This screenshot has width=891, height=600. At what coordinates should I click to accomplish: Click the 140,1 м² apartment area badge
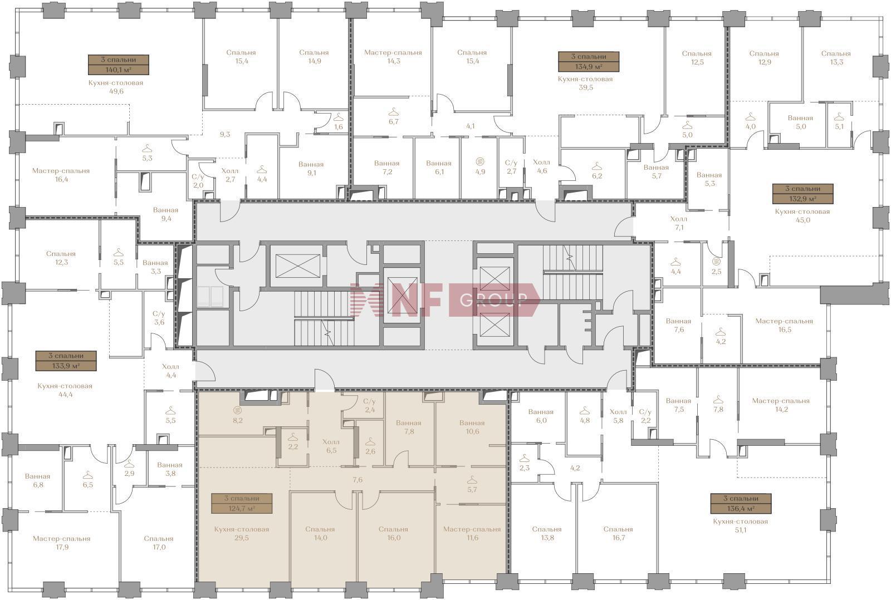click(x=119, y=65)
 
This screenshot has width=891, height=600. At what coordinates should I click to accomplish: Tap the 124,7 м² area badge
click(x=242, y=503)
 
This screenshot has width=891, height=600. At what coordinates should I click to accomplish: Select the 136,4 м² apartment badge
click(x=741, y=503)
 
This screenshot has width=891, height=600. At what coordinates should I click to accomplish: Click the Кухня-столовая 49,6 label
click(x=116, y=87)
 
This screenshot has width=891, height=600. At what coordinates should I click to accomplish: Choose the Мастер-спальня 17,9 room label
click(x=62, y=543)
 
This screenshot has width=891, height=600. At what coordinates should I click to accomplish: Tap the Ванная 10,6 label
click(x=472, y=427)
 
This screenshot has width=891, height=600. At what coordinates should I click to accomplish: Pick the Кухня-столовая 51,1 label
click(x=740, y=525)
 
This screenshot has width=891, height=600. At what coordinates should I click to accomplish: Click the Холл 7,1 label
click(x=679, y=223)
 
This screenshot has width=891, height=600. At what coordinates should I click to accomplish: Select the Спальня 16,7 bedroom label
click(x=618, y=533)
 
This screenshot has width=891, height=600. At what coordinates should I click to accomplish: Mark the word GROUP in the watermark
click(x=493, y=300)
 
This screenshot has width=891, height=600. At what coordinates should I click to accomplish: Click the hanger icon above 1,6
click(x=338, y=117)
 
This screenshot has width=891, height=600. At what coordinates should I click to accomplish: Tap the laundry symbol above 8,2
click(x=237, y=410)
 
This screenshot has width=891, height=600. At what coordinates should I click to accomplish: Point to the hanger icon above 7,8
click(x=718, y=399)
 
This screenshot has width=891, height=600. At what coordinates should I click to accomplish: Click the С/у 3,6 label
click(x=159, y=318)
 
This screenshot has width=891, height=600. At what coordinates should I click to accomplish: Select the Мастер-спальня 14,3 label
click(x=393, y=57)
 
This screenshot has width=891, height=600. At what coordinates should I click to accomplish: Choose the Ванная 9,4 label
click(x=166, y=214)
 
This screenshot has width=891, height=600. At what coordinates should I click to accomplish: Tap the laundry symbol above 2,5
click(x=716, y=262)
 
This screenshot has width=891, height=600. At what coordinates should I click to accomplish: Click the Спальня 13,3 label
click(x=836, y=58)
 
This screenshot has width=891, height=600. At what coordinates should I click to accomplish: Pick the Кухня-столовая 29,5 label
click(x=242, y=533)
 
